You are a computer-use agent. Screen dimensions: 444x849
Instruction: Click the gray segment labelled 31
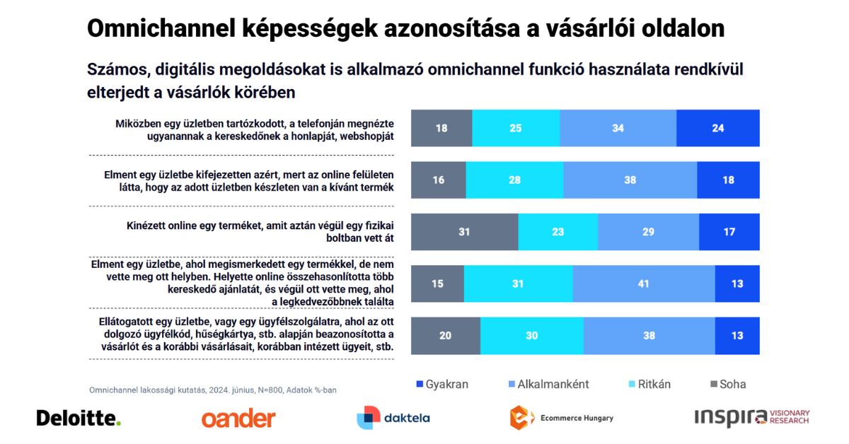click(x=464, y=232)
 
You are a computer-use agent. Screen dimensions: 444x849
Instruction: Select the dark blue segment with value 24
click(x=717, y=128)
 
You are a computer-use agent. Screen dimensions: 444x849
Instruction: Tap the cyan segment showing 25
click(x=516, y=128)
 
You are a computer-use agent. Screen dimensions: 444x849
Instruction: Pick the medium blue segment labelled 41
click(x=644, y=284)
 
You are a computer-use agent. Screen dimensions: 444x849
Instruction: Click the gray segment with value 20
click(x=445, y=336)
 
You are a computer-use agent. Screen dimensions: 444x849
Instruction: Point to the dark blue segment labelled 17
click(x=729, y=232)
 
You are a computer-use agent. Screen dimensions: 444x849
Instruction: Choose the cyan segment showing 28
click(x=515, y=180)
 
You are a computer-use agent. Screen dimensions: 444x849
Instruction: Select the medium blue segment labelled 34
click(x=618, y=128)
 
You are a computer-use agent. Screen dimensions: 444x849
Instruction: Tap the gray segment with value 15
click(x=437, y=284)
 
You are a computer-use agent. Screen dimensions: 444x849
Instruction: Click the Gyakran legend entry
click(x=441, y=385)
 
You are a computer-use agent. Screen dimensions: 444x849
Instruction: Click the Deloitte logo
click(x=79, y=418)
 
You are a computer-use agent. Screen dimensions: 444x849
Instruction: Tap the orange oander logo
click(x=238, y=419)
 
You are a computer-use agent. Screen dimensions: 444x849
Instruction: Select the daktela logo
click(x=393, y=418)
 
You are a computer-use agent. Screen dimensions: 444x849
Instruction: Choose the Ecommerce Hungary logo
click(x=561, y=418)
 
